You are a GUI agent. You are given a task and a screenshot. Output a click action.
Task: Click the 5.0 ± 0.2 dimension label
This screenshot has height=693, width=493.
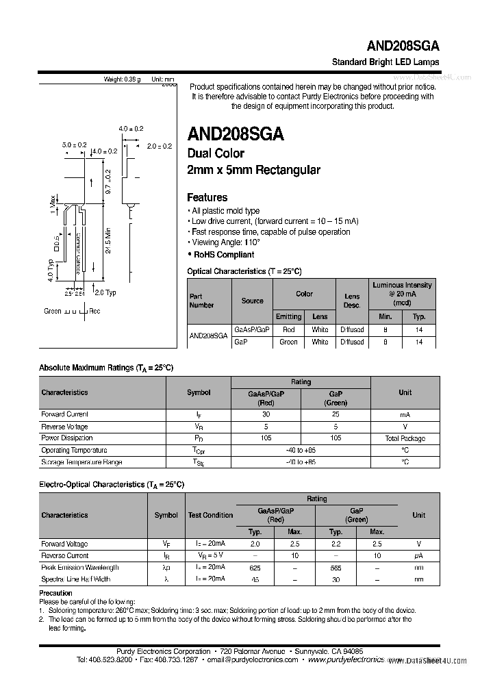[x=74, y=145]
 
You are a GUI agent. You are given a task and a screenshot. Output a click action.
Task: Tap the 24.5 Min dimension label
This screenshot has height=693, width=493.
[x=108, y=242]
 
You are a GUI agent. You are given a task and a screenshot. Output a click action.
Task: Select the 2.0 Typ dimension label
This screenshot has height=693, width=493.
[x=105, y=292]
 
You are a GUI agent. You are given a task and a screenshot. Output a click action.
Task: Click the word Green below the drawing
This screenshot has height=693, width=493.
[x=53, y=311]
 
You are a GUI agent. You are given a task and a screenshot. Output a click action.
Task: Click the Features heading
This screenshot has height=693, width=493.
[x=207, y=197]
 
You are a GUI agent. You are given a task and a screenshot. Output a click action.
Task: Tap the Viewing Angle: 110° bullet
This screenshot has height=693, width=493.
[x=226, y=242]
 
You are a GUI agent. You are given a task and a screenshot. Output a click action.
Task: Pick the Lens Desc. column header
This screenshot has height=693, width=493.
[x=352, y=301]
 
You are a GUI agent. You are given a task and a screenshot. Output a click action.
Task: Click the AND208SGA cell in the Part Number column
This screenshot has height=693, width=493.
[x=209, y=336]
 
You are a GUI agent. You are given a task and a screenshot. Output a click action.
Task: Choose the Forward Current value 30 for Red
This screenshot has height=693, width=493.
[x=266, y=414]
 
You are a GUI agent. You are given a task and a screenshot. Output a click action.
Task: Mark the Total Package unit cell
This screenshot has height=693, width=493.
[x=405, y=438]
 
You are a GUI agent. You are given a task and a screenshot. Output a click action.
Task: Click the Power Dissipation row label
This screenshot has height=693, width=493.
[x=67, y=438]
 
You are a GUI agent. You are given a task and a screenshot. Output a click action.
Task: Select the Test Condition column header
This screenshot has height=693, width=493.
[x=210, y=515]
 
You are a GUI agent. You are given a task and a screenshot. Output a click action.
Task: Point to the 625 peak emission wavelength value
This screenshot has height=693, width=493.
[x=255, y=568]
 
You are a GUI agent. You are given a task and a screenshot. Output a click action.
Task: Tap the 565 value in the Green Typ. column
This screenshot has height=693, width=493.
[x=336, y=568]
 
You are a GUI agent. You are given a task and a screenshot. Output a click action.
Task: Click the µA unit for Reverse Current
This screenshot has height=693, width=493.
[x=418, y=556]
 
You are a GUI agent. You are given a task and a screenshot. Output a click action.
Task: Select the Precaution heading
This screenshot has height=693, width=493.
[x=55, y=593]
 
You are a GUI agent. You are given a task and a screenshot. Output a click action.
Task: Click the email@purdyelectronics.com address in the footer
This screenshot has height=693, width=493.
[x=253, y=660]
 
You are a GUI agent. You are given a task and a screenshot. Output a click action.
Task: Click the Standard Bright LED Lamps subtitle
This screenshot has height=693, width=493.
[x=385, y=62]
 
